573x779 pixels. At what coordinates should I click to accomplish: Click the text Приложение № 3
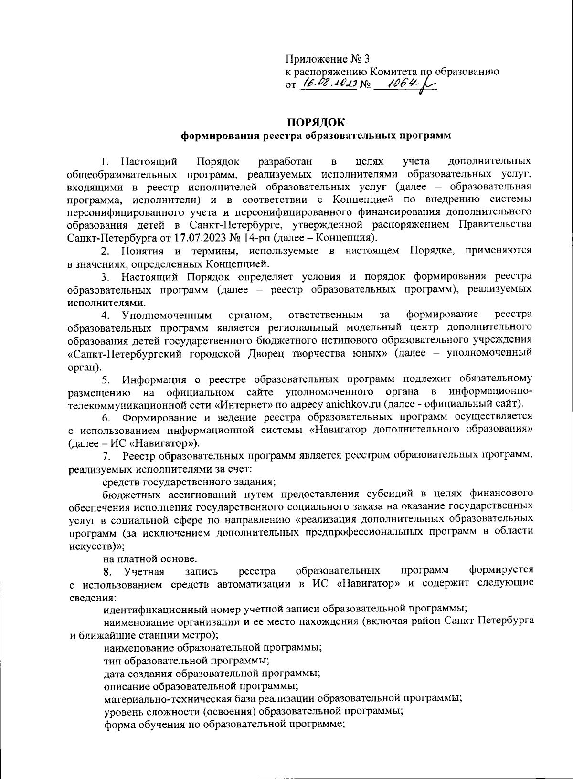tap(327, 59)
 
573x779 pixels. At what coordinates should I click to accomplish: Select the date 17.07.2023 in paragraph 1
tap(181, 237)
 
